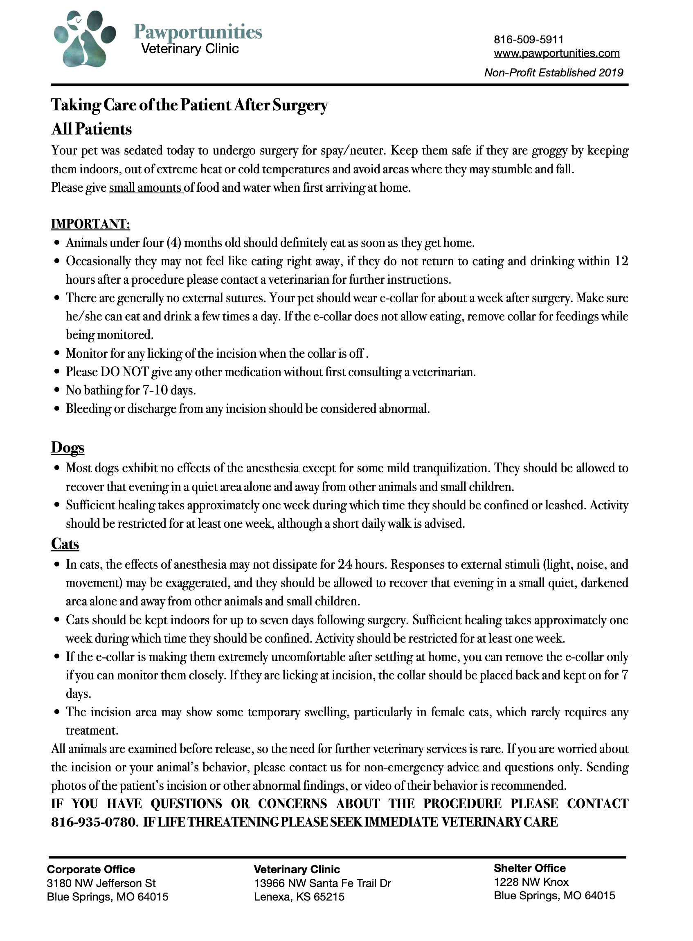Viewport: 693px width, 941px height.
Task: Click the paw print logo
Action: [x=85, y=38]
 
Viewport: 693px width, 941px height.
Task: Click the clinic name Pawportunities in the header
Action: [x=198, y=32]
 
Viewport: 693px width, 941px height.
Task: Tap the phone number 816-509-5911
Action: [x=529, y=40]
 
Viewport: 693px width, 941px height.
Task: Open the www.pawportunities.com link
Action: [x=557, y=53]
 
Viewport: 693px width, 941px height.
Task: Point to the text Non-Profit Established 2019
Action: [x=554, y=73]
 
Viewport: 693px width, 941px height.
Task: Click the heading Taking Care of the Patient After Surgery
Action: [x=189, y=105]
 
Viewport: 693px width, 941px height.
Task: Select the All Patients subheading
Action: [x=92, y=130]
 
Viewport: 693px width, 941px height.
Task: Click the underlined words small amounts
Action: [x=146, y=188]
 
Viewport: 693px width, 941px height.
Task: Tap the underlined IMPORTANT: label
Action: [x=90, y=224]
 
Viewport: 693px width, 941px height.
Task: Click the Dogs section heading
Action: [x=67, y=448]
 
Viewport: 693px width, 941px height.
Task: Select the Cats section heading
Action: [x=65, y=544]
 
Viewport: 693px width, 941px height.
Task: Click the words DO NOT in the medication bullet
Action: [x=125, y=372]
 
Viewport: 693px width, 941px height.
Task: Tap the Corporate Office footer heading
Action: [x=91, y=869]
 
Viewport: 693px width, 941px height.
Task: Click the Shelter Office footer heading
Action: [x=529, y=868]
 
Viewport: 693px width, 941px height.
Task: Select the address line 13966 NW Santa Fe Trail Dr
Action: [x=322, y=883]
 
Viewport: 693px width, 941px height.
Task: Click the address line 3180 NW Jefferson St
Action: [x=101, y=883]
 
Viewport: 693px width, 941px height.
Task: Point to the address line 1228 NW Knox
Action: [x=531, y=882]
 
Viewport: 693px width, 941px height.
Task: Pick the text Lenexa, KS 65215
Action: [x=299, y=897]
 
